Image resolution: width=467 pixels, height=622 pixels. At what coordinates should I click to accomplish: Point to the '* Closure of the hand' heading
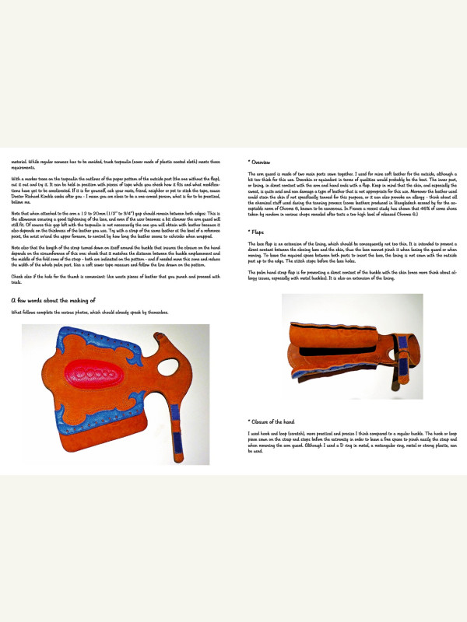pos(270,420)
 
